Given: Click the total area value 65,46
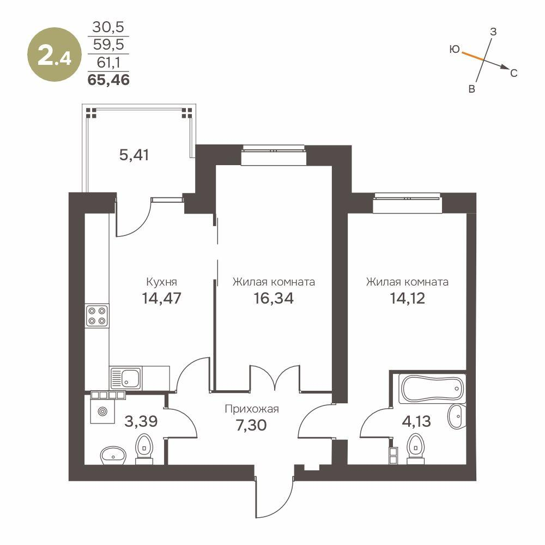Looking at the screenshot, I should pyautogui.click(x=108, y=80).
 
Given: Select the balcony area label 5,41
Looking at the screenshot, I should pyautogui.click(x=134, y=155).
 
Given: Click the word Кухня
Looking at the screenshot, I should pyautogui.click(x=162, y=282).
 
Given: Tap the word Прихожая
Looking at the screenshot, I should pyautogui.click(x=252, y=409).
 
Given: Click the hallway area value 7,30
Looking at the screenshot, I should pyautogui.click(x=251, y=423).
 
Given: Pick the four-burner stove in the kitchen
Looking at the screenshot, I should pyautogui.click(x=97, y=316).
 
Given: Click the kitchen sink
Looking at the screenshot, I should pyautogui.click(x=126, y=377).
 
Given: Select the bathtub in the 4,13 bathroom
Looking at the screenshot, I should pyautogui.click(x=432, y=388).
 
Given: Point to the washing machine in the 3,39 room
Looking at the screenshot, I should pyautogui.click(x=101, y=412).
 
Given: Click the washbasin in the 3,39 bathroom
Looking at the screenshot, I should pyautogui.click(x=113, y=455).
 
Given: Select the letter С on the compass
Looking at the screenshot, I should pyautogui.click(x=513, y=72).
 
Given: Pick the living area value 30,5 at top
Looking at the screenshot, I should pyautogui.click(x=108, y=27).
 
